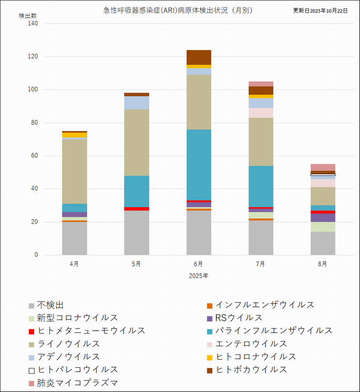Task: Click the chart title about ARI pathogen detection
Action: (178, 10)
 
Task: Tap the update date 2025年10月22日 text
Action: (321, 10)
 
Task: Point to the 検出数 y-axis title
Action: (28, 16)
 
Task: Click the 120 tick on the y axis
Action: (32, 56)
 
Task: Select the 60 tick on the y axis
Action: (33, 156)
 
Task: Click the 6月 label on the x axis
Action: (198, 264)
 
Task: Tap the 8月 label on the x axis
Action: (322, 264)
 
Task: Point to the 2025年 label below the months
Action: (198, 275)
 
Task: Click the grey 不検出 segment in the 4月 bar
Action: (75, 238)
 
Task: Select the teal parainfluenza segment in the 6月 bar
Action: (199, 165)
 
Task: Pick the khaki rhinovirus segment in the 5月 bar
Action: (136, 142)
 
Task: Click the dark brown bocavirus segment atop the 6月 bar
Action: (199, 57)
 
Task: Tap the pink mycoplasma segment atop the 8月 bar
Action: (322, 167)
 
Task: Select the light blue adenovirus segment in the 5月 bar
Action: (136, 103)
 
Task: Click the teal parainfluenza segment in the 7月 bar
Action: (261, 186)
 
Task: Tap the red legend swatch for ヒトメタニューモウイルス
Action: (32, 331)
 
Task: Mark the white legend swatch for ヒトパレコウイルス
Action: (32, 370)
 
